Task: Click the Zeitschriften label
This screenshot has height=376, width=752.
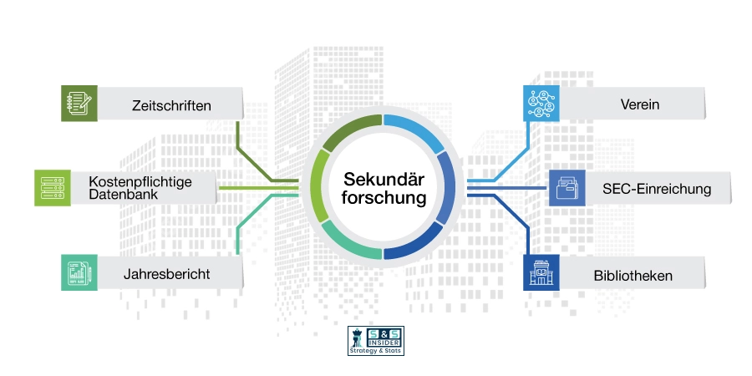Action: [x=171, y=105]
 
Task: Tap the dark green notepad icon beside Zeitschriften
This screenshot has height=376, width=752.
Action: [x=79, y=103]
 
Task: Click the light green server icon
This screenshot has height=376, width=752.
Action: [x=53, y=188]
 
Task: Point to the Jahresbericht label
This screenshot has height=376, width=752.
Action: [x=166, y=274]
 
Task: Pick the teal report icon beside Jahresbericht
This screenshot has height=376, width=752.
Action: [x=79, y=272]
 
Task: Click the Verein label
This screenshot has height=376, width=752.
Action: [x=640, y=104]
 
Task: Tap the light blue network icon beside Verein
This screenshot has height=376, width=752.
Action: [x=541, y=103]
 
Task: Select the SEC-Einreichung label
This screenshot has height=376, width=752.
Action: [x=657, y=189]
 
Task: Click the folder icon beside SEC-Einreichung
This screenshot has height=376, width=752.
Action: [x=567, y=188]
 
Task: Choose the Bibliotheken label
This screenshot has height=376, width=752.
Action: [x=633, y=276]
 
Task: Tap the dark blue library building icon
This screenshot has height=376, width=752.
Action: [x=541, y=272]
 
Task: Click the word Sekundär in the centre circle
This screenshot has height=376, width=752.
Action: [x=384, y=180]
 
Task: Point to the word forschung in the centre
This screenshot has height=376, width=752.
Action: [x=384, y=197]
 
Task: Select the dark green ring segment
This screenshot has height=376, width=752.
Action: [x=350, y=131]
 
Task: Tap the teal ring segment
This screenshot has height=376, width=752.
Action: [x=352, y=242]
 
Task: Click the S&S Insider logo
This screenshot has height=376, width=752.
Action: [x=376, y=341]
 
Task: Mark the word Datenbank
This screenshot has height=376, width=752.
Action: [x=116, y=195]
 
